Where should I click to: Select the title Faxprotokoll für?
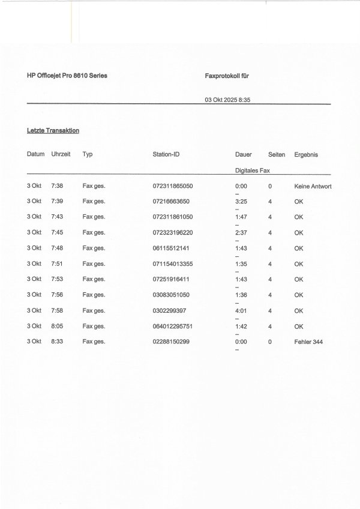pos(227,76)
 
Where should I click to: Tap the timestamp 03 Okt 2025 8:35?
pos(227,100)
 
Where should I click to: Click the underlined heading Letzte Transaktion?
pos(53,130)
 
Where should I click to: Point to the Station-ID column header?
pos(166,154)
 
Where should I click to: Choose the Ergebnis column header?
pos(306,154)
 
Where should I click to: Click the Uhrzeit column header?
pos(61,154)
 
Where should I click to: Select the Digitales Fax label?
pos(253,170)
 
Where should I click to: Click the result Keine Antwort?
pos(313,186)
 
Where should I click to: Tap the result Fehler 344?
pos(310,342)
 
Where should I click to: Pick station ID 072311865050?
pos(173,186)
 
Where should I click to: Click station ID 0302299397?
pos(170,310)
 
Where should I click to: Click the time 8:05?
pos(58,326)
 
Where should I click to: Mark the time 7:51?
pos(58,264)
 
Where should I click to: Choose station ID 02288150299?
pos(172,342)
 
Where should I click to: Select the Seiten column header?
pos(277,154)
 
